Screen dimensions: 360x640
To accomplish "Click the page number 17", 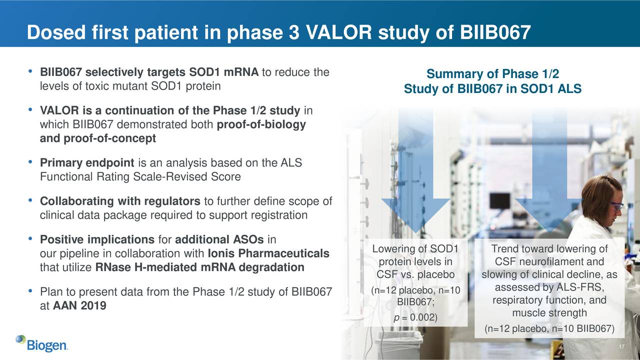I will coord(621,348).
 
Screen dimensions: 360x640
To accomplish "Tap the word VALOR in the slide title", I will coord(338,32).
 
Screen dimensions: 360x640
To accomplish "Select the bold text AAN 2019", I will coord(79,306).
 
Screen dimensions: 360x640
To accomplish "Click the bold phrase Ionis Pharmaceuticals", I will coord(268,254).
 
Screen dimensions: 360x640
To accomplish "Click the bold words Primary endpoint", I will coord(87,163).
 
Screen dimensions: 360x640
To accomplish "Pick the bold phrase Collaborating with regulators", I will coord(120,201).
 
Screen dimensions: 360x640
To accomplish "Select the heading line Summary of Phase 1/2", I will coord(492,75).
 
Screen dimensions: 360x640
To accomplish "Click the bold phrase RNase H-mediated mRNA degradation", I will coord(200,267).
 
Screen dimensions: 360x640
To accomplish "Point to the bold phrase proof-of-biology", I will coord(261,125).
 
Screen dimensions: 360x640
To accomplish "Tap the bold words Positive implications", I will coord(97,239).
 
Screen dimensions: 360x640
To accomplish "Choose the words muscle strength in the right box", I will coord(549,313).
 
